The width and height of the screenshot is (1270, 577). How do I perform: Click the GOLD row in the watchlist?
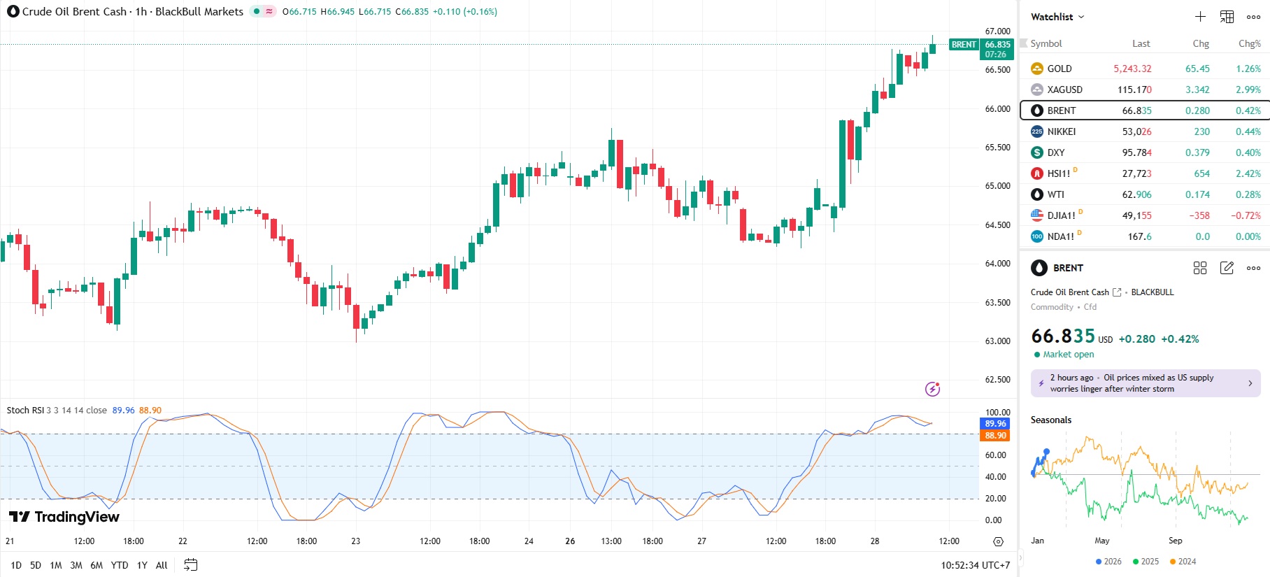pos(1059,69)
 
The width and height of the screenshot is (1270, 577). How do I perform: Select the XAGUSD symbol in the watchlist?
pos(1064,90)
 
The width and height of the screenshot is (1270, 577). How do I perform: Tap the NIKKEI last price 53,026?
pos(1136,131)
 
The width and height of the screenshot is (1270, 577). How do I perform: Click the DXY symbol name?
pos(1055,152)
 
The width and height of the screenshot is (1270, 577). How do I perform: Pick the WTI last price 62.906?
pos(1136,194)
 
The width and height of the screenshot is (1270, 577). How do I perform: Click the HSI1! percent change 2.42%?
pos(1248,173)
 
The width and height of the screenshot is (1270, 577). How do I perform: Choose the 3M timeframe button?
pos(76,565)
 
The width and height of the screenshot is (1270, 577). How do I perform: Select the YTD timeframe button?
pos(120,565)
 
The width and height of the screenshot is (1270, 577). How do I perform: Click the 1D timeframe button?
pos(16,565)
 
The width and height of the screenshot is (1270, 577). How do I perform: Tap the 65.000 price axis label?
pos(997,186)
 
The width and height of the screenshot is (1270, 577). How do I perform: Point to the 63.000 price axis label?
pos(997,341)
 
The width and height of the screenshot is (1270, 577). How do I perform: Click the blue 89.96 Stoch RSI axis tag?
pos(995,424)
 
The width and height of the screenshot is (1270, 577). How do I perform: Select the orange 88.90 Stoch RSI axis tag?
pos(995,436)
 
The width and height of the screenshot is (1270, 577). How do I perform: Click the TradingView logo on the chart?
pos(64,517)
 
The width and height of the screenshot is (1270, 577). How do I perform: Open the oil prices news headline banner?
pos(1145,383)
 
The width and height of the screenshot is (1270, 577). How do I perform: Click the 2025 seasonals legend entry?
pos(1146,562)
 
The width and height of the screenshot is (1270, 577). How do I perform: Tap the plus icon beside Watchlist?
pos(1200,17)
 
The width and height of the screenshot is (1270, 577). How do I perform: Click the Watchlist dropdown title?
pos(1057,17)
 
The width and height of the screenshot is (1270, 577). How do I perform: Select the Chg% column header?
pos(1249,43)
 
